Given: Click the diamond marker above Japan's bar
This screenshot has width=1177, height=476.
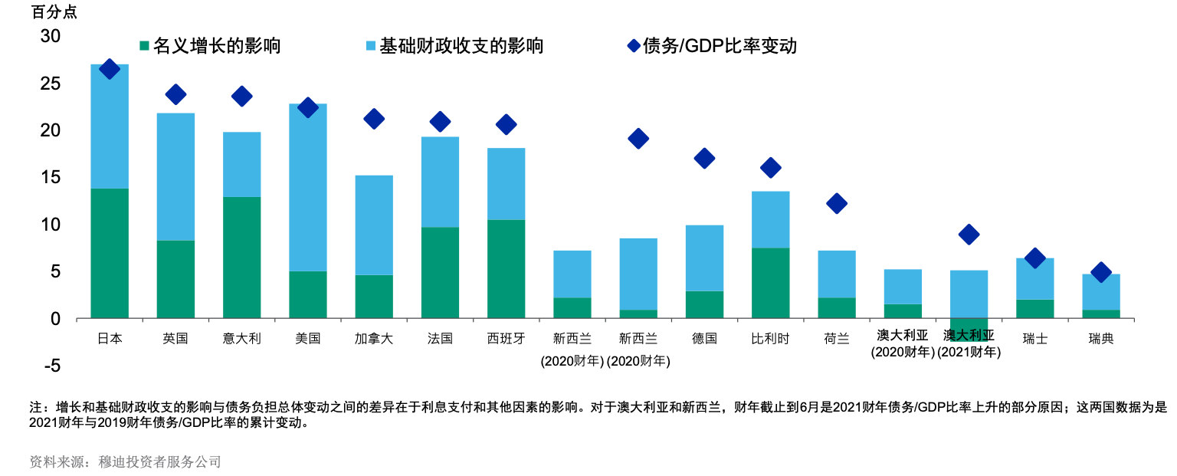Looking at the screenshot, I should click(110, 69).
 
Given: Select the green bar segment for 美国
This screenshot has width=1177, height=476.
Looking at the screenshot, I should click(308, 294).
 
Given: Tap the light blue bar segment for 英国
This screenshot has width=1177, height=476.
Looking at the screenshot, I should click(175, 176).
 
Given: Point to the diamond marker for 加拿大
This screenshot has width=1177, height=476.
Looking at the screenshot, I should click(374, 118).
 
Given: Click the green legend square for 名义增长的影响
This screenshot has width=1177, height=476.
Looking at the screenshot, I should click(144, 46).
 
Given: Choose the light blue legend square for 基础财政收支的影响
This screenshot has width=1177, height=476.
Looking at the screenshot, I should click(371, 46).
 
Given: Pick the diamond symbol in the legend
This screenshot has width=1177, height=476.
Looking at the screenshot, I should click(634, 46).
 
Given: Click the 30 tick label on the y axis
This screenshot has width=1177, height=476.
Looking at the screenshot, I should click(50, 36).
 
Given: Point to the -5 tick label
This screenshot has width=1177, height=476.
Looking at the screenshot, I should click(51, 366).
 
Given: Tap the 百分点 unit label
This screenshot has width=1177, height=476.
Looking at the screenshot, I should click(54, 12).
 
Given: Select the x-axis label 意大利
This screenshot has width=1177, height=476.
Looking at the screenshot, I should click(242, 338).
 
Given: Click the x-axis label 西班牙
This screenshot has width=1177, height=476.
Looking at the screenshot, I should click(506, 338).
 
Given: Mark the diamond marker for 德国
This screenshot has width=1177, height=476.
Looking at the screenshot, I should click(704, 158).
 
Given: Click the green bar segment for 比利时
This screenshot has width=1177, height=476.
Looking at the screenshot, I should click(770, 283).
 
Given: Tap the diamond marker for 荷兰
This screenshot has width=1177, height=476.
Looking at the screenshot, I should click(837, 203).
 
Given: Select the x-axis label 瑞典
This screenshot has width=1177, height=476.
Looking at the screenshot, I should click(1101, 338).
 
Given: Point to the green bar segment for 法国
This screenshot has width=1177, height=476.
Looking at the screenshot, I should click(440, 272).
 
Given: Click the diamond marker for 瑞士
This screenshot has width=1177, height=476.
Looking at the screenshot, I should click(1034, 258).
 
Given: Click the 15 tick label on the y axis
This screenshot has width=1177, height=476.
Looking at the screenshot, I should click(50, 177).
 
